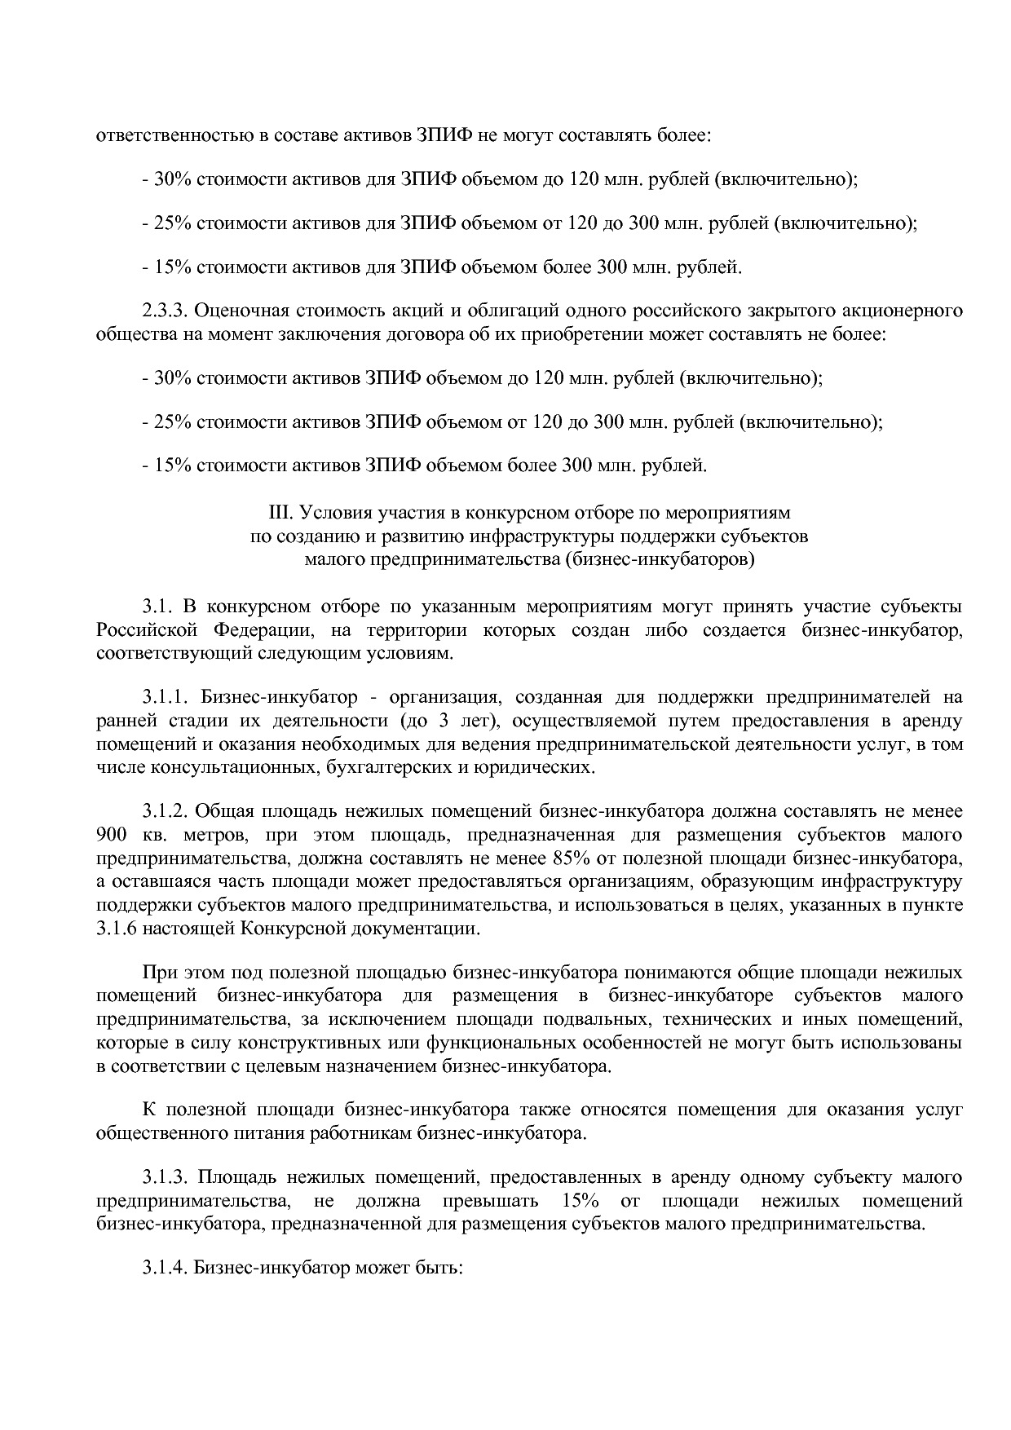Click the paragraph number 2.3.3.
pos(166,311)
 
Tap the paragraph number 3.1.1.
pos(166,697)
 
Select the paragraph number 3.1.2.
pos(166,811)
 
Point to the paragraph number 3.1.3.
pos(166,1177)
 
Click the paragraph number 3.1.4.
pos(166,1269)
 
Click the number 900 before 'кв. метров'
pos(110,835)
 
